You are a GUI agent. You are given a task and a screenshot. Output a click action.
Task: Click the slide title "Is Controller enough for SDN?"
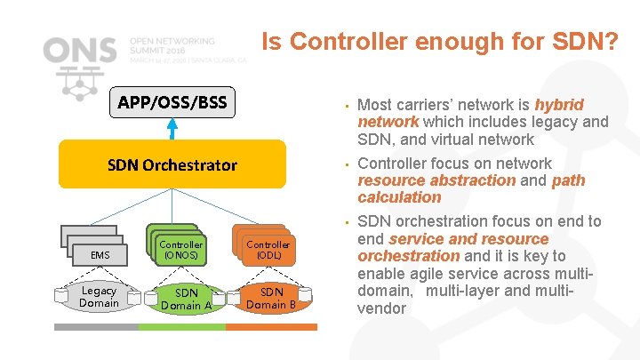click(439, 41)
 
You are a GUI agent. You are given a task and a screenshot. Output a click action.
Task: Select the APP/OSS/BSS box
click(172, 103)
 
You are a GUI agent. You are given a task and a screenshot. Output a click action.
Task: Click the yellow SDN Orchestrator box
click(172, 164)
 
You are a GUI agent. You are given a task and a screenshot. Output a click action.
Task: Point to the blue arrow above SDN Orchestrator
click(172, 130)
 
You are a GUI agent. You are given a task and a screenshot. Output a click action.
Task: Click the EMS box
click(100, 255)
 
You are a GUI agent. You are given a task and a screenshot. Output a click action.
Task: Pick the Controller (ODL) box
click(268, 250)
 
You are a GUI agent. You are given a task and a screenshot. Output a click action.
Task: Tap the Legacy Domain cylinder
click(99, 297)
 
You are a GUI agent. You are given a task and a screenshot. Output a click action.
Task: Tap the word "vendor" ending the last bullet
click(381, 308)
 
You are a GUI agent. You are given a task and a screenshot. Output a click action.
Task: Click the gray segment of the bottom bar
click(96, 326)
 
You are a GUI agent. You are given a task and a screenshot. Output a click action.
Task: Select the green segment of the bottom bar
click(181, 326)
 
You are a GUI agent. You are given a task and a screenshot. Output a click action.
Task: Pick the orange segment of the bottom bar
click(271, 326)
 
